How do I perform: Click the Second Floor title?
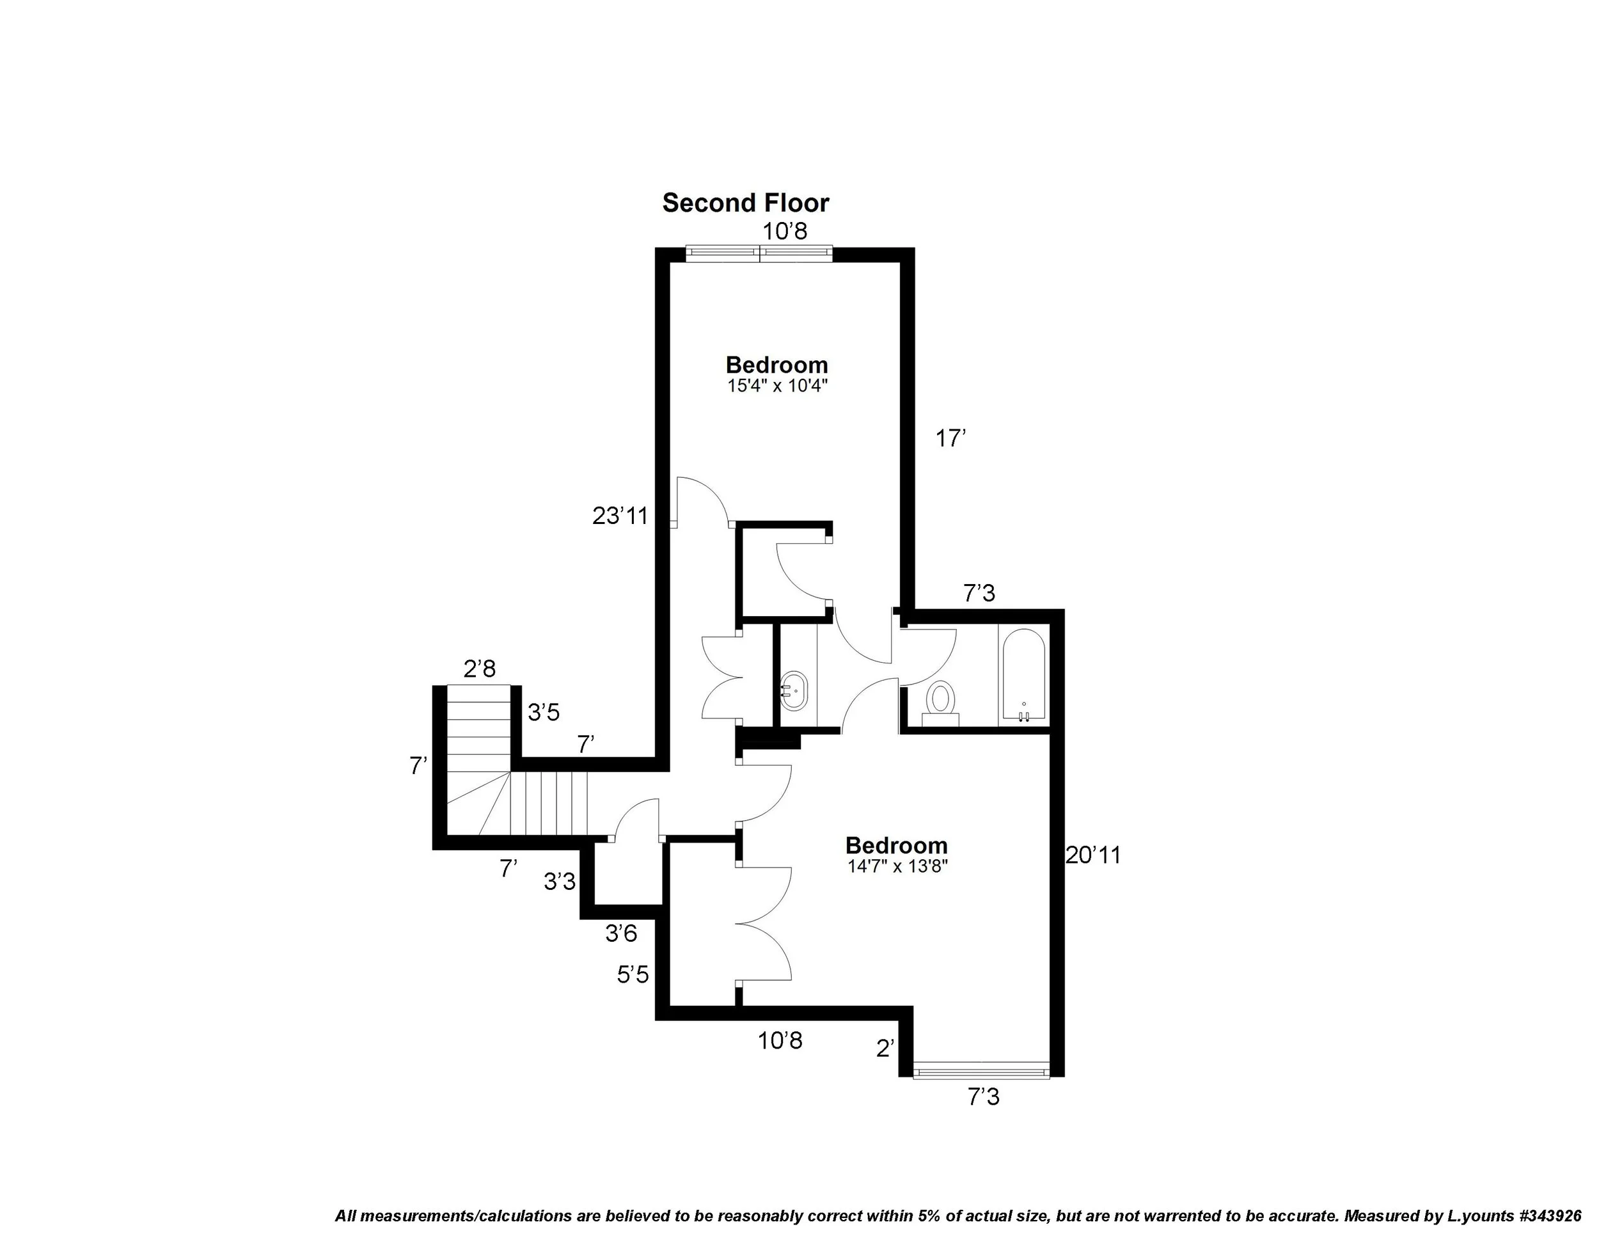pos(745,203)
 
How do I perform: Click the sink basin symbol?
pos(794,690)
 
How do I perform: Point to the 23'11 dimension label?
pos(620,516)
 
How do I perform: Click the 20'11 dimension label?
pos(1092,855)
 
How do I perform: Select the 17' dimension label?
pos(951,439)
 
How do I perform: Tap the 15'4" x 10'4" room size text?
pos(777,385)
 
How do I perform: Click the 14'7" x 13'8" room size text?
pos(897,867)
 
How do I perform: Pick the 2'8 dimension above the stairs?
pos(480,669)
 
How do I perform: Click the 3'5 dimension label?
pos(544,712)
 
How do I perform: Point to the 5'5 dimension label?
pos(633,974)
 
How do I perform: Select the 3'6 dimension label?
pos(621,933)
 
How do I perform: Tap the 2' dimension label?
pos(885,1049)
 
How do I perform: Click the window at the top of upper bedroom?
pos(759,253)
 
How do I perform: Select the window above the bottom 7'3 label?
pos(981,1073)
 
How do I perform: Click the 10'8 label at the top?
pos(785,232)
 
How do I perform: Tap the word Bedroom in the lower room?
pos(896,846)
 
